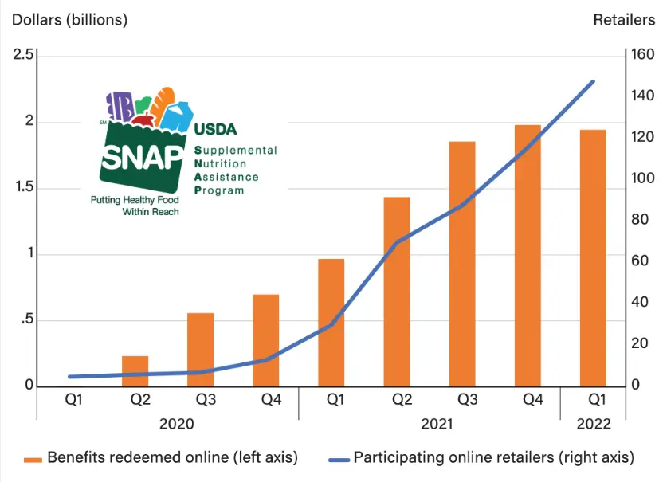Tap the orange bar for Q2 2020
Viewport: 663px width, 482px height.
coord(135,371)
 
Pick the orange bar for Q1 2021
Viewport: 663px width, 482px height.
coord(331,322)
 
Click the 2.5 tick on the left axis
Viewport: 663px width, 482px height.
coord(23,55)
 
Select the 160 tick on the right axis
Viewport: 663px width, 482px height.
coord(642,55)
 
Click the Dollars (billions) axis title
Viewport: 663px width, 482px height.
coord(69,20)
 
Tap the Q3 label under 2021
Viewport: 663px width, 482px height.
coord(462,399)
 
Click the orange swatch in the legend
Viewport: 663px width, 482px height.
coord(33,459)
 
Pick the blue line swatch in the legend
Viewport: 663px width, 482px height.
coord(338,459)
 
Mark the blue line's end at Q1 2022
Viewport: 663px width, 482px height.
coord(593,81)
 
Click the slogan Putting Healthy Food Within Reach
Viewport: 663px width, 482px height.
coord(135,206)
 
